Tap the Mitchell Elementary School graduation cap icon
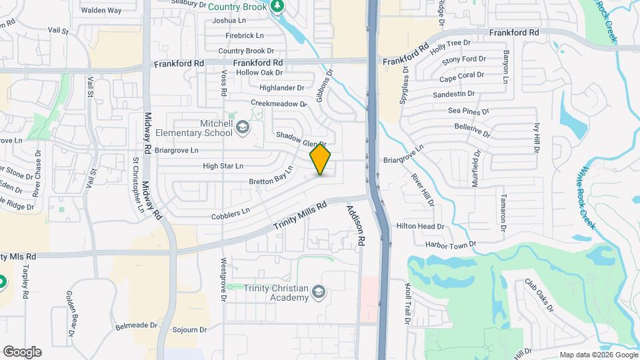click(x=243, y=127)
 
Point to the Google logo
click(x=22, y=352)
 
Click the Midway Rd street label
click(x=153, y=166)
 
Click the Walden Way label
click(x=101, y=10)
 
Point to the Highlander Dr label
click(x=281, y=87)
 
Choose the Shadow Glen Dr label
click(x=300, y=139)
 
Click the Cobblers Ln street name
click(x=230, y=211)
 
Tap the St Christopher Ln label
click(x=138, y=185)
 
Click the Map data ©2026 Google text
click(x=598, y=354)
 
